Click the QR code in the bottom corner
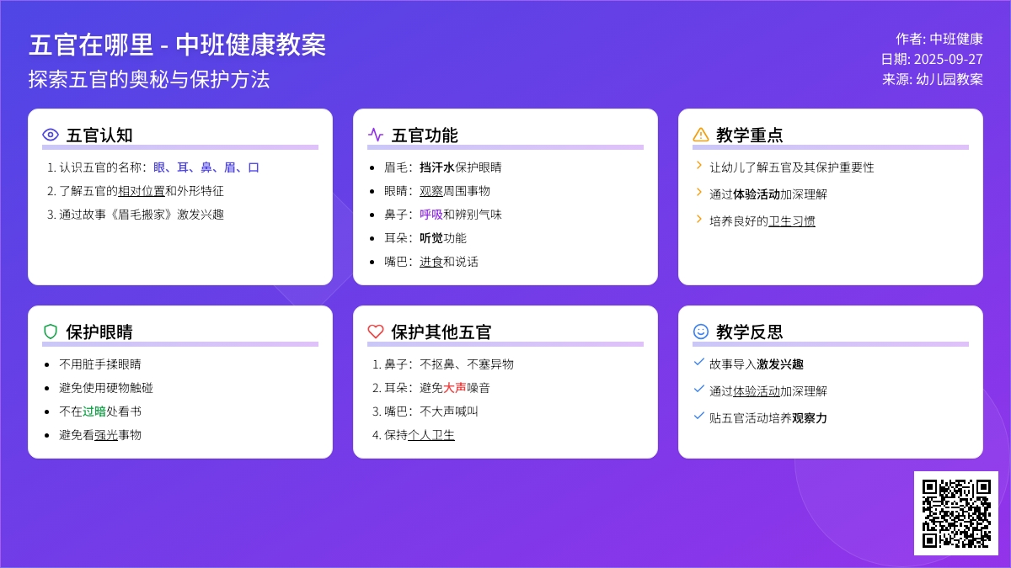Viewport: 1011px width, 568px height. (x=956, y=513)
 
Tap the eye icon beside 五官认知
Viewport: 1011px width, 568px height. (x=51, y=135)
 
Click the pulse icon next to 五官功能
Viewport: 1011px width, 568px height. (x=376, y=135)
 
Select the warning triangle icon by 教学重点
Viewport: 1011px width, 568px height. (x=700, y=135)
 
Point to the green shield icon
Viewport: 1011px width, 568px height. (x=51, y=332)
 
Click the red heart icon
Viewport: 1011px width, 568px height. (x=376, y=332)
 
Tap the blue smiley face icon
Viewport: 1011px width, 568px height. (x=700, y=332)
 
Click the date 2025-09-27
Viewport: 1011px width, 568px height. (x=949, y=59)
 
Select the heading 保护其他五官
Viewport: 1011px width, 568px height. (x=441, y=332)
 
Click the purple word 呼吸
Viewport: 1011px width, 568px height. (x=431, y=215)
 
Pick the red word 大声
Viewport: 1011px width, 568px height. (x=454, y=388)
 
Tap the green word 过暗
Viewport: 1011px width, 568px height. (x=94, y=411)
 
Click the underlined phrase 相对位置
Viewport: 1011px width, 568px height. (x=142, y=191)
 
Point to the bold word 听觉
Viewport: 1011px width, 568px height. (x=431, y=238)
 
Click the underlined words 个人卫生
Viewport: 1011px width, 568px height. (x=431, y=434)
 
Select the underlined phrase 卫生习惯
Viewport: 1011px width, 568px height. (x=792, y=220)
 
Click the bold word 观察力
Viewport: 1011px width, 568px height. (x=810, y=418)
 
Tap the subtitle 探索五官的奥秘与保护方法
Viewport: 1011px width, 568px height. (x=149, y=79)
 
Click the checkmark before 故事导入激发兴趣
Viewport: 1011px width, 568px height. (x=698, y=362)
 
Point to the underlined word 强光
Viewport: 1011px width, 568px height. (x=105, y=434)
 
